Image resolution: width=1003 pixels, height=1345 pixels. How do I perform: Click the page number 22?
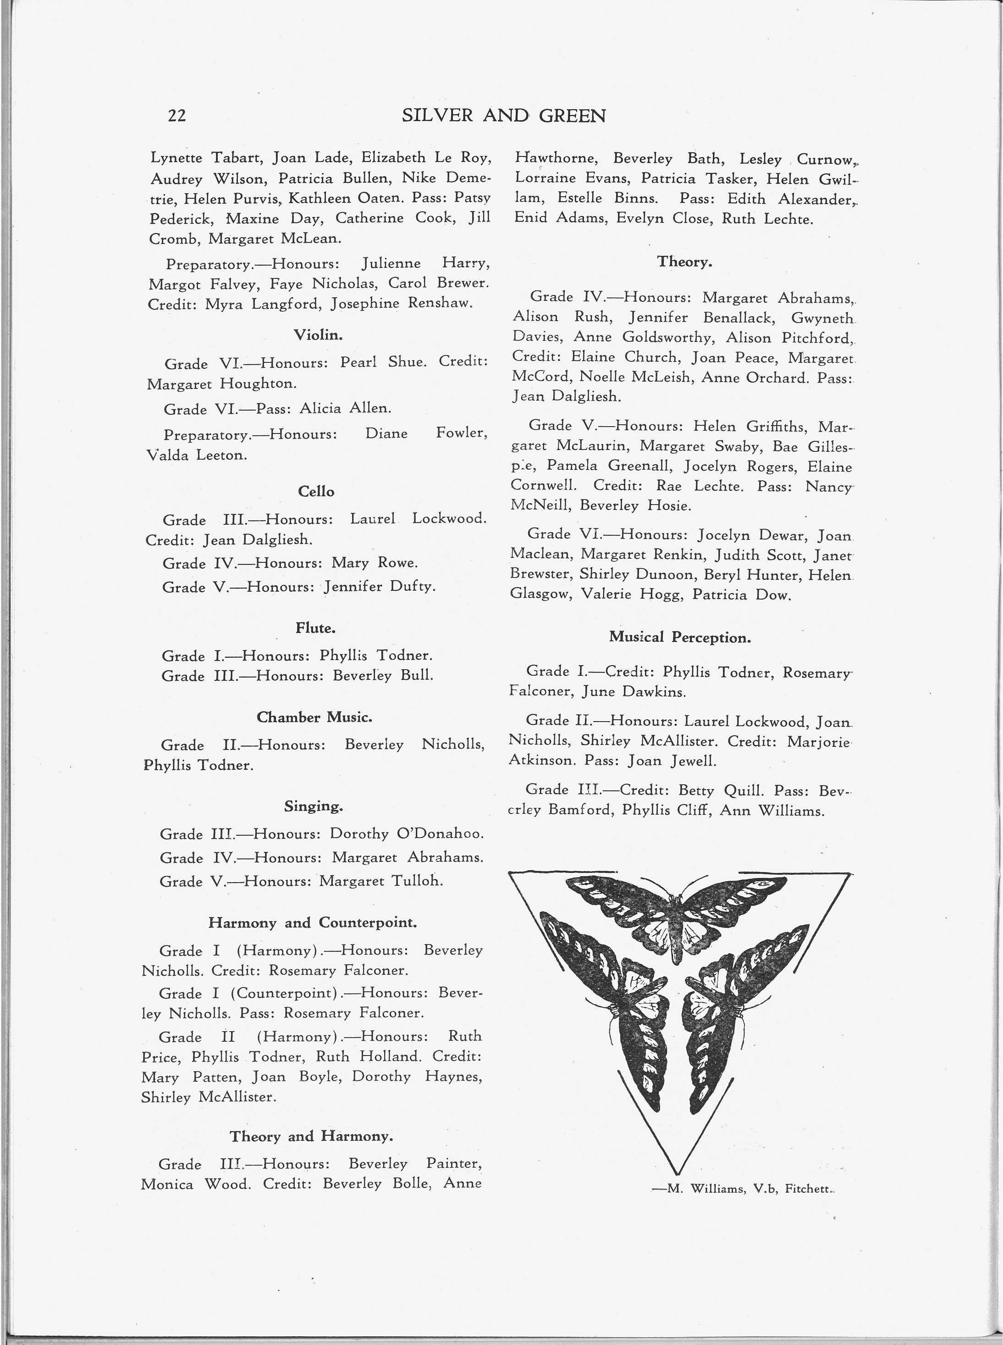pos(176,116)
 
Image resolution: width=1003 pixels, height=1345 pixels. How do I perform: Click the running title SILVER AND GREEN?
pos(503,116)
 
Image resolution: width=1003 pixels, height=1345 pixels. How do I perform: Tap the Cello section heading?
pos(316,491)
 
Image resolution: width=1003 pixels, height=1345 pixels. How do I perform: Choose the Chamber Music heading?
pos(314,717)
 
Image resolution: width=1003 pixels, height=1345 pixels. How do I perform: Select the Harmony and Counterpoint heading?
pos(312,922)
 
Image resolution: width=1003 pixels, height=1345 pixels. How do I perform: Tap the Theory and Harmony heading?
pos(311,1135)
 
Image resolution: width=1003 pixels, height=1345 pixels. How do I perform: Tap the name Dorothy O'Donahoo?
pos(406,834)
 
